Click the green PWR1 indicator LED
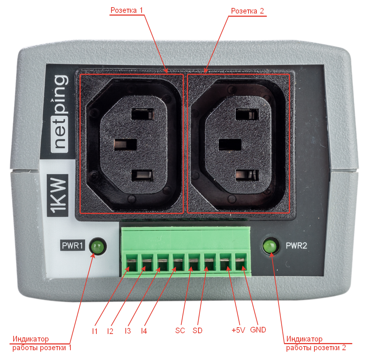point(98,247)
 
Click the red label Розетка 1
point(127,11)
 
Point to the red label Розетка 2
point(247,11)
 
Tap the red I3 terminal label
point(128,331)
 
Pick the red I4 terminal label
point(144,331)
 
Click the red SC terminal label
point(180,331)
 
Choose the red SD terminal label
point(197,331)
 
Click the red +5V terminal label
point(238,330)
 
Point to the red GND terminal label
point(258,330)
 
